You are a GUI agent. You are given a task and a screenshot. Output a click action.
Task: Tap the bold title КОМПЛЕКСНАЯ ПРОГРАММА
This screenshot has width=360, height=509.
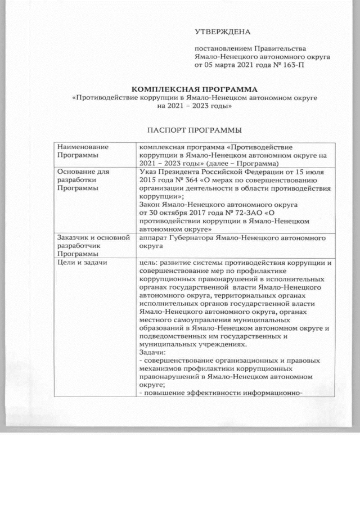coord(195,89)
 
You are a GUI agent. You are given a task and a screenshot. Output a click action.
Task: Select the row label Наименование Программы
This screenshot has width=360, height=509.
coord(82,150)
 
